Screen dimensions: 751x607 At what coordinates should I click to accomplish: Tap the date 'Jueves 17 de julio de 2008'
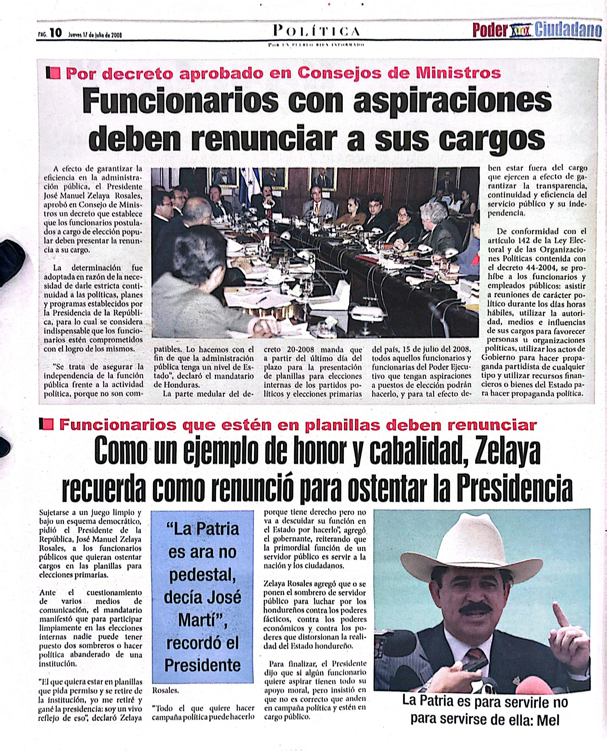(x=95, y=35)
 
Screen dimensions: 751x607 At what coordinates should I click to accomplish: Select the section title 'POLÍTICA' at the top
(x=316, y=32)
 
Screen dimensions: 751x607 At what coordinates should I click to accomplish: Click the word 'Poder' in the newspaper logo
(x=490, y=31)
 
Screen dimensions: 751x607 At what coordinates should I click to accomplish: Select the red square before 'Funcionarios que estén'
(x=49, y=425)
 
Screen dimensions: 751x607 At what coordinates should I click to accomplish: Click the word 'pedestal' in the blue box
(x=202, y=575)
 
